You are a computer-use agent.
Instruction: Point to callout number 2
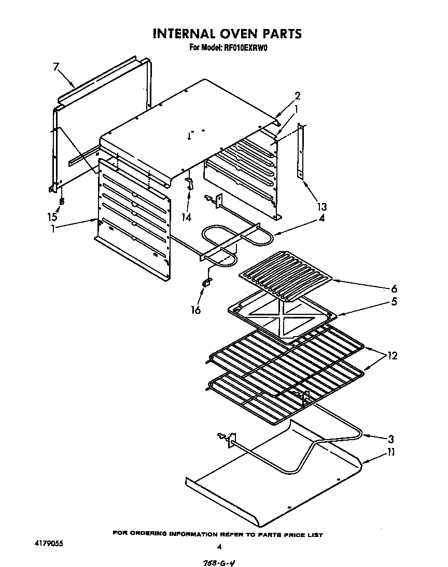tap(297, 96)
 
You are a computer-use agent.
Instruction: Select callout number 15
tap(52, 217)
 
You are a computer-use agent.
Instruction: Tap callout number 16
tap(195, 309)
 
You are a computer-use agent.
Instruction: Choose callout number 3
tap(391, 439)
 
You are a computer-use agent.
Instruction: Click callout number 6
tap(394, 289)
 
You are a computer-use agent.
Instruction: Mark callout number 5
tap(394, 301)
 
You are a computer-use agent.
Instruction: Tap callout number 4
tap(321, 218)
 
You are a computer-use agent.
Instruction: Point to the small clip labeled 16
tap(206, 282)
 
